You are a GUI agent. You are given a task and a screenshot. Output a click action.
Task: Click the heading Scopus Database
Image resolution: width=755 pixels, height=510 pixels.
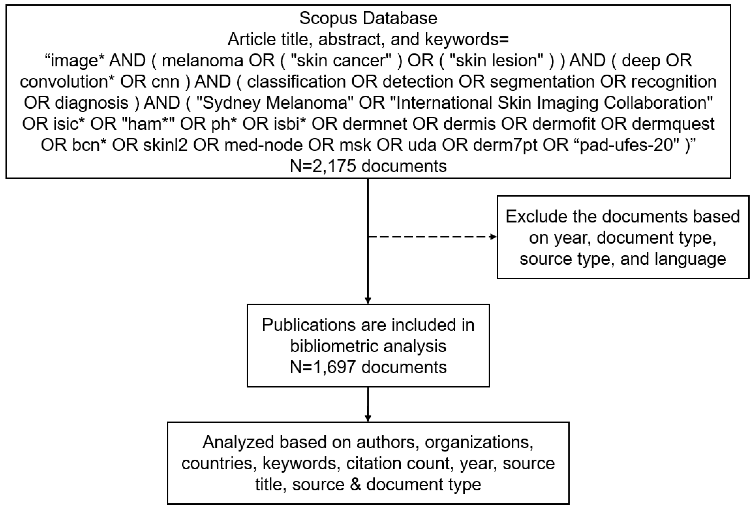[368, 18]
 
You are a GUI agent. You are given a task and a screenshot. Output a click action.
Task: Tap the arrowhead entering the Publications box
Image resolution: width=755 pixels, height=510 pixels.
[368, 301]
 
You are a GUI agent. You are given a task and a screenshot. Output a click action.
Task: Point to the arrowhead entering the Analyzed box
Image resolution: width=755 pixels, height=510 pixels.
[368, 418]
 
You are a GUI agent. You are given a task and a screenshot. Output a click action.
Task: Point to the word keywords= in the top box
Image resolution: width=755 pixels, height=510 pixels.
[467, 40]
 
